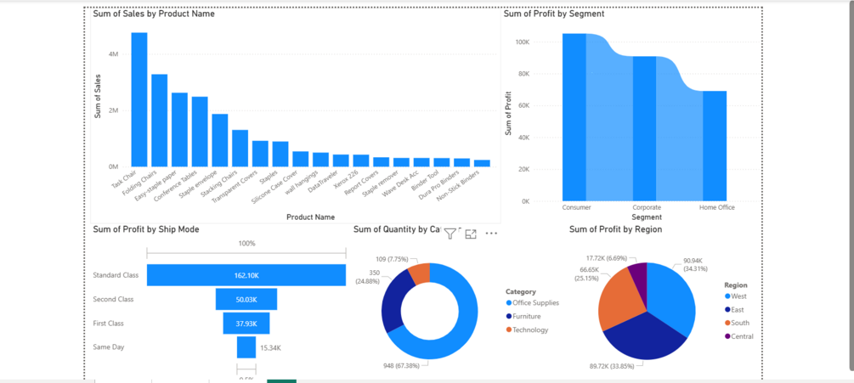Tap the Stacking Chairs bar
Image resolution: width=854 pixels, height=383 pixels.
(x=240, y=148)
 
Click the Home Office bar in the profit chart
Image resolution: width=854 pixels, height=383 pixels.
(x=715, y=145)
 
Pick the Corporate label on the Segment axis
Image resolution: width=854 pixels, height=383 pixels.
(x=647, y=207)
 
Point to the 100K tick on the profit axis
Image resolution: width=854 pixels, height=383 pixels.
(x=522, y=42)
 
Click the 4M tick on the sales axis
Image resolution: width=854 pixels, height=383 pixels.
(x=113, y=54)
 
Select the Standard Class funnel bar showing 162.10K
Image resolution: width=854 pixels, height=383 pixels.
(x=246, y=275)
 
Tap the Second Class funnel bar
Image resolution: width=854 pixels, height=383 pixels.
(x=246, y=300)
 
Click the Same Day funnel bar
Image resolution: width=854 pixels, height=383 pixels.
(x=246, y=347)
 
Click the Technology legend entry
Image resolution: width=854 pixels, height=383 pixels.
(x=530, y=330)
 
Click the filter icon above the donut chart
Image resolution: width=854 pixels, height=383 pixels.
(x=450, y=234)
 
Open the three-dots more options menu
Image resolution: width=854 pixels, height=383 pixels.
(x=491, y=234)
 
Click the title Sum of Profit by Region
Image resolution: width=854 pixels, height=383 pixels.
(x=615, y=229)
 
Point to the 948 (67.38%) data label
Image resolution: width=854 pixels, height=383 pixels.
(x=401, y=366)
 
